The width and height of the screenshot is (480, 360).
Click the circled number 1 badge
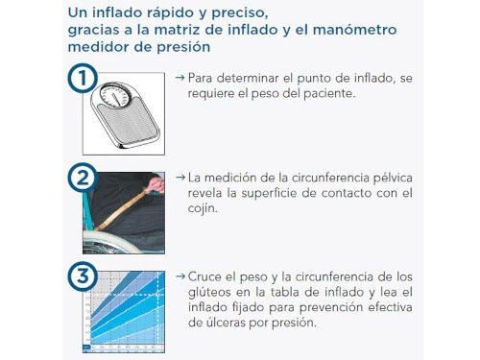click(x=83, y=78)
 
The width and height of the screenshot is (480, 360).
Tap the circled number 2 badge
click(x=83, y=178)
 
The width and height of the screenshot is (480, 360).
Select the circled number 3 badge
click(x=83, y=276)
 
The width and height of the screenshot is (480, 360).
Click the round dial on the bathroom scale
click(x=115, y=95)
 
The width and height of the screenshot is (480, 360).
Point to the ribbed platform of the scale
click(x=129, y=123)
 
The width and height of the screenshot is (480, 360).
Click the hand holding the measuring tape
click(x=156, y=184)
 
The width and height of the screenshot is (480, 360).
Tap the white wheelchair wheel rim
click(x=118, y=237)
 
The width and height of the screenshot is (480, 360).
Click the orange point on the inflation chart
click(x=157, y=295)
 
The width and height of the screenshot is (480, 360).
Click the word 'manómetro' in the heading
click(x=354, y=30)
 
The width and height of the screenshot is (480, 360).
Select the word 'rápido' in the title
click(x=177, y=13)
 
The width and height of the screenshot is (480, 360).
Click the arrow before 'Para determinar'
click(x=180, y=78)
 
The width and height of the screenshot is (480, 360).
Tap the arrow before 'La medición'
click(x=180, y=177)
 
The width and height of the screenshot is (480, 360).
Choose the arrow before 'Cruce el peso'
click(x=180, y=276)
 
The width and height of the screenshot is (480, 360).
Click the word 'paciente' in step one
click(x=329, y=94)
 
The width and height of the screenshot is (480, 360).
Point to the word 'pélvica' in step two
click(x=393, y=178)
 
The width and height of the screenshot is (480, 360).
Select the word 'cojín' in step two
click(x=203, y=208)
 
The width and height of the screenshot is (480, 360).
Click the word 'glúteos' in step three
click(x=209, y=292)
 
